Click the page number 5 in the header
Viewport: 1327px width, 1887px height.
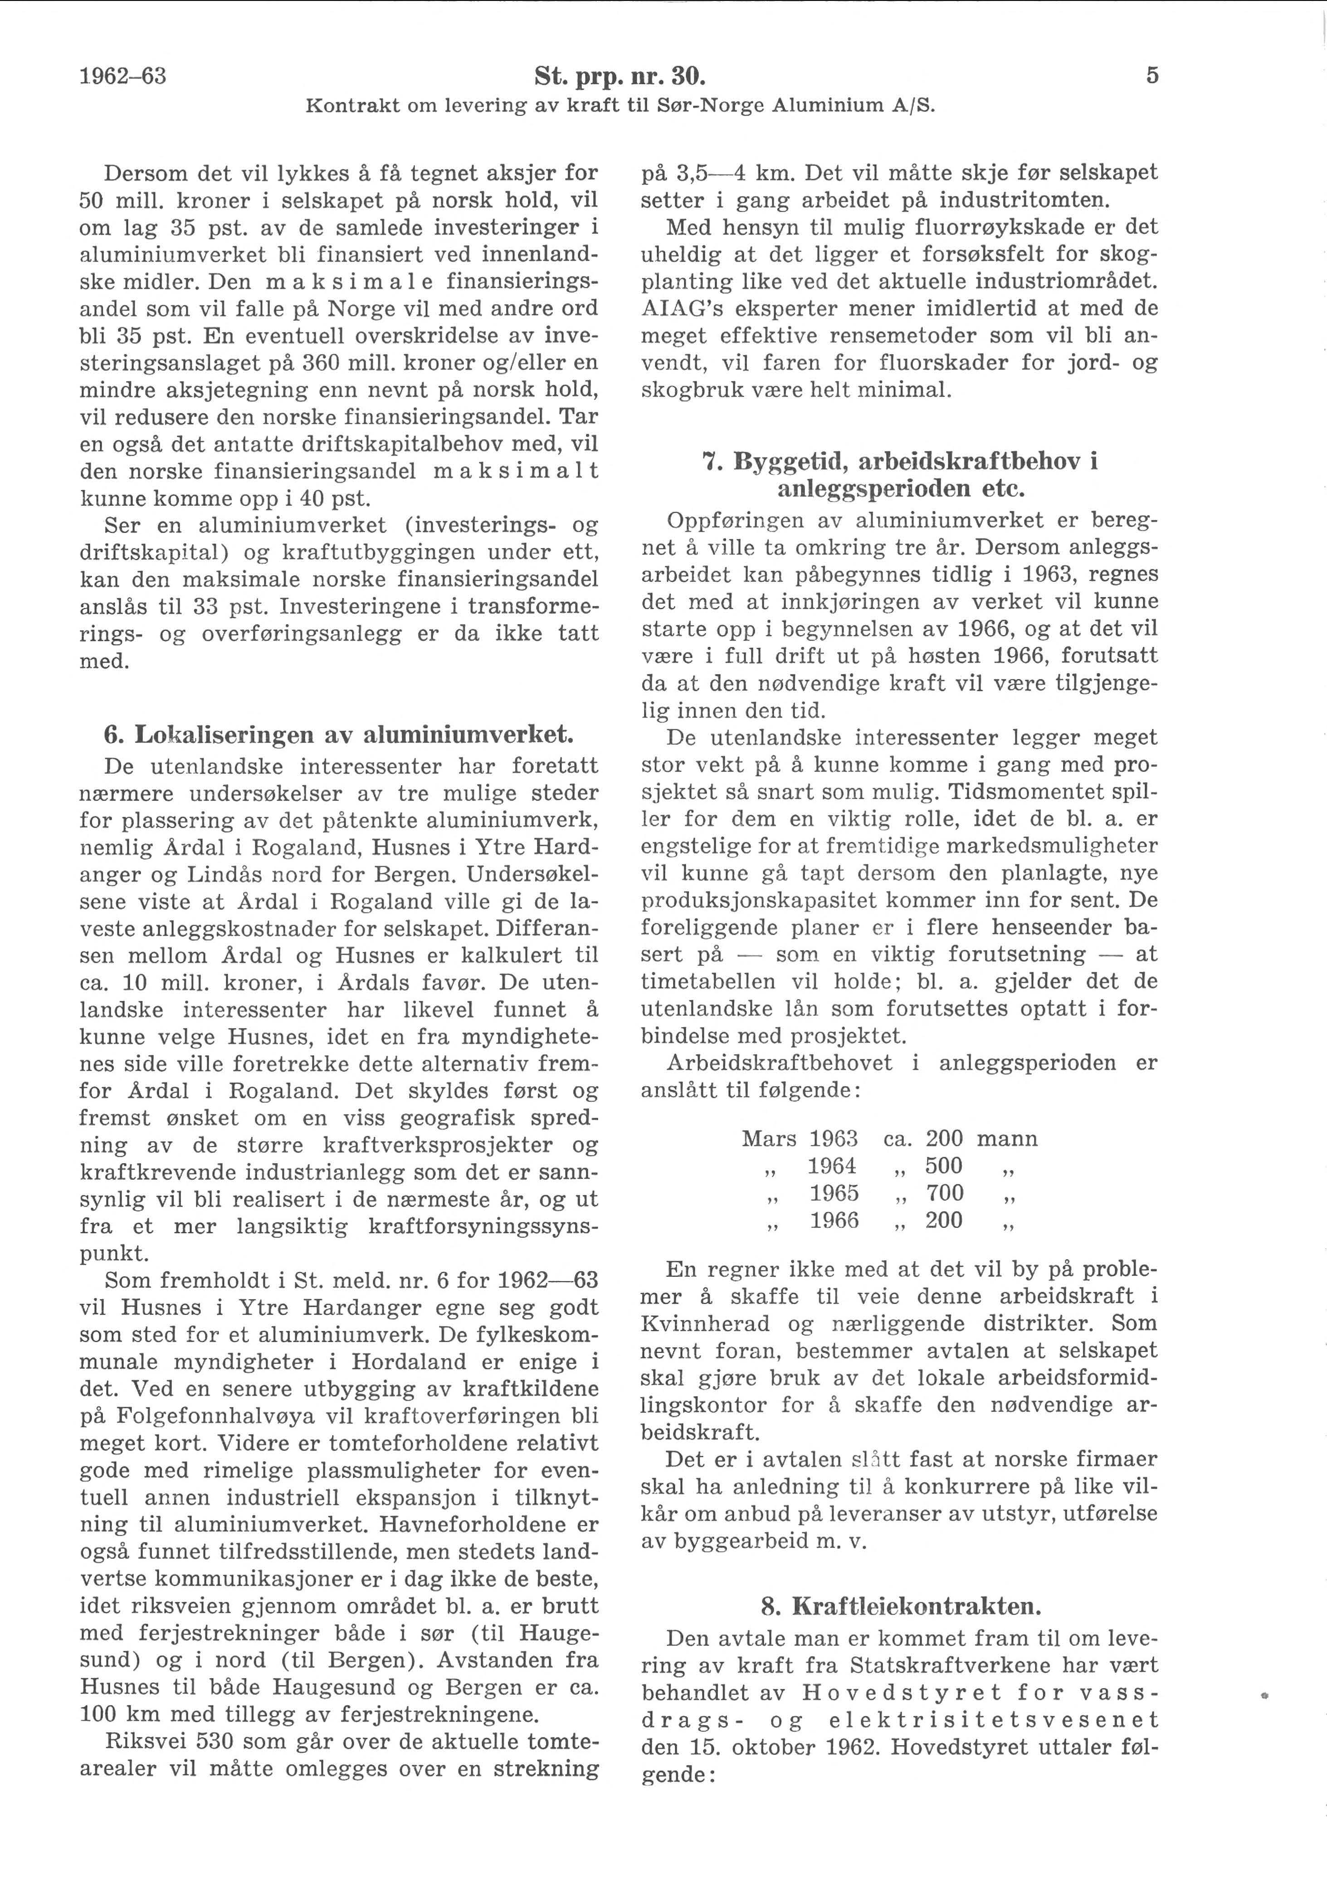tap(1152, 77)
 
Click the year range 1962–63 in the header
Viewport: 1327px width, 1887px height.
tap(123, 77)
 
